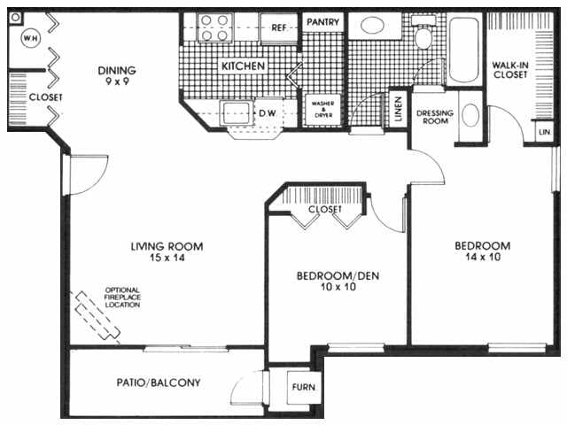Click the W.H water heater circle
click(x=29, y=38)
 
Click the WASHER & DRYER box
click(x=321, y=109)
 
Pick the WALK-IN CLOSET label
click(x=510, y=69)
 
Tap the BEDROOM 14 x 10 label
click(x=482, y=252)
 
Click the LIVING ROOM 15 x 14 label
click(x=167, y=252)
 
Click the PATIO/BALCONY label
click(x=159, y=383)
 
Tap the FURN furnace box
click(x=303, y=388)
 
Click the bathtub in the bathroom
click(x=462, y=49)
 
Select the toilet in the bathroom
click(x=423, y=36)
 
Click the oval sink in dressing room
click(x=471, y=116)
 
